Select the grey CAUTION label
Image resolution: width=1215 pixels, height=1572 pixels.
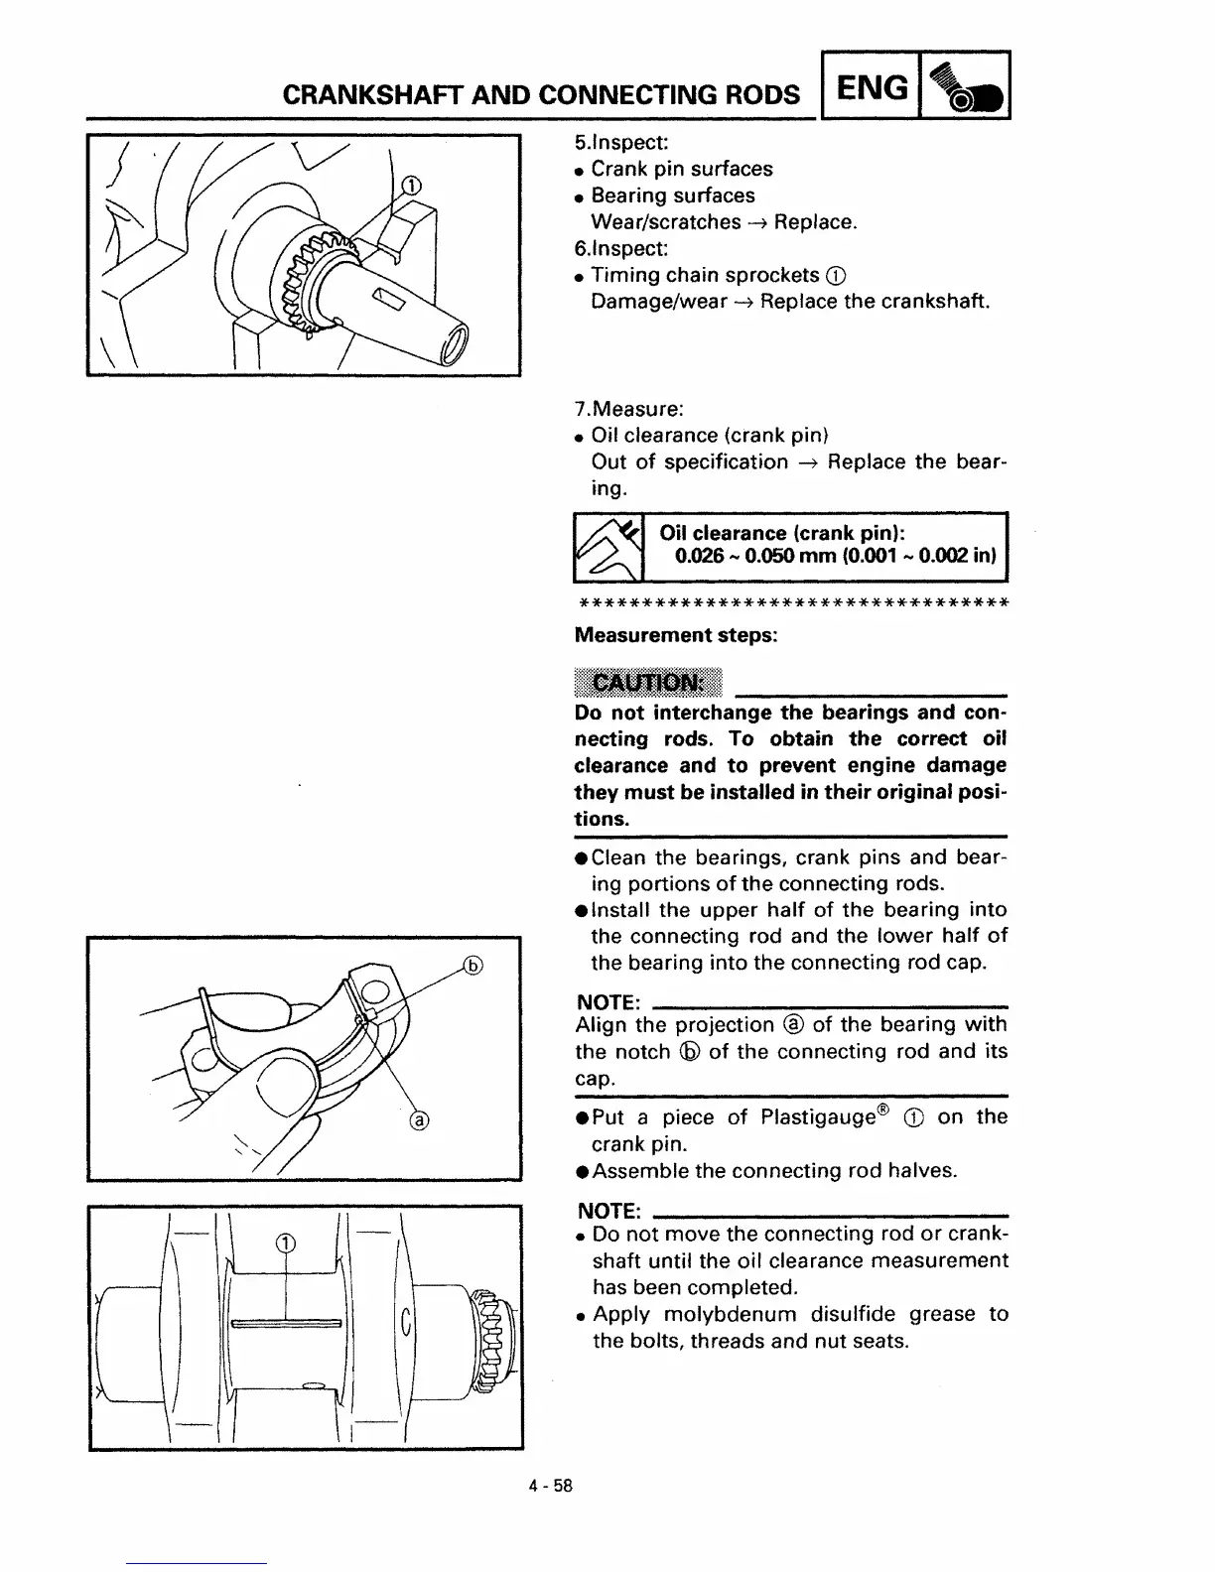647,683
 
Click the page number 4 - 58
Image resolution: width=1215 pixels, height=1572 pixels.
552,1486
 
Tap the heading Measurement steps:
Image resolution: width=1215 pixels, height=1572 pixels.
676,635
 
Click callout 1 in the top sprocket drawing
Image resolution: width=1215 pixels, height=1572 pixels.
409,186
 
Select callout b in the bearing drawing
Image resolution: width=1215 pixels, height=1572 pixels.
473,965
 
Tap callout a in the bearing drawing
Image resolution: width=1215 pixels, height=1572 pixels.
421,1121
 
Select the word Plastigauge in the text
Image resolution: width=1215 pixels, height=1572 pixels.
818,1117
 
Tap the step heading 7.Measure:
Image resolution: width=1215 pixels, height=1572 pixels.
628,409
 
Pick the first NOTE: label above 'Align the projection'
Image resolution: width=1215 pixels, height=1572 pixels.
607,999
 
